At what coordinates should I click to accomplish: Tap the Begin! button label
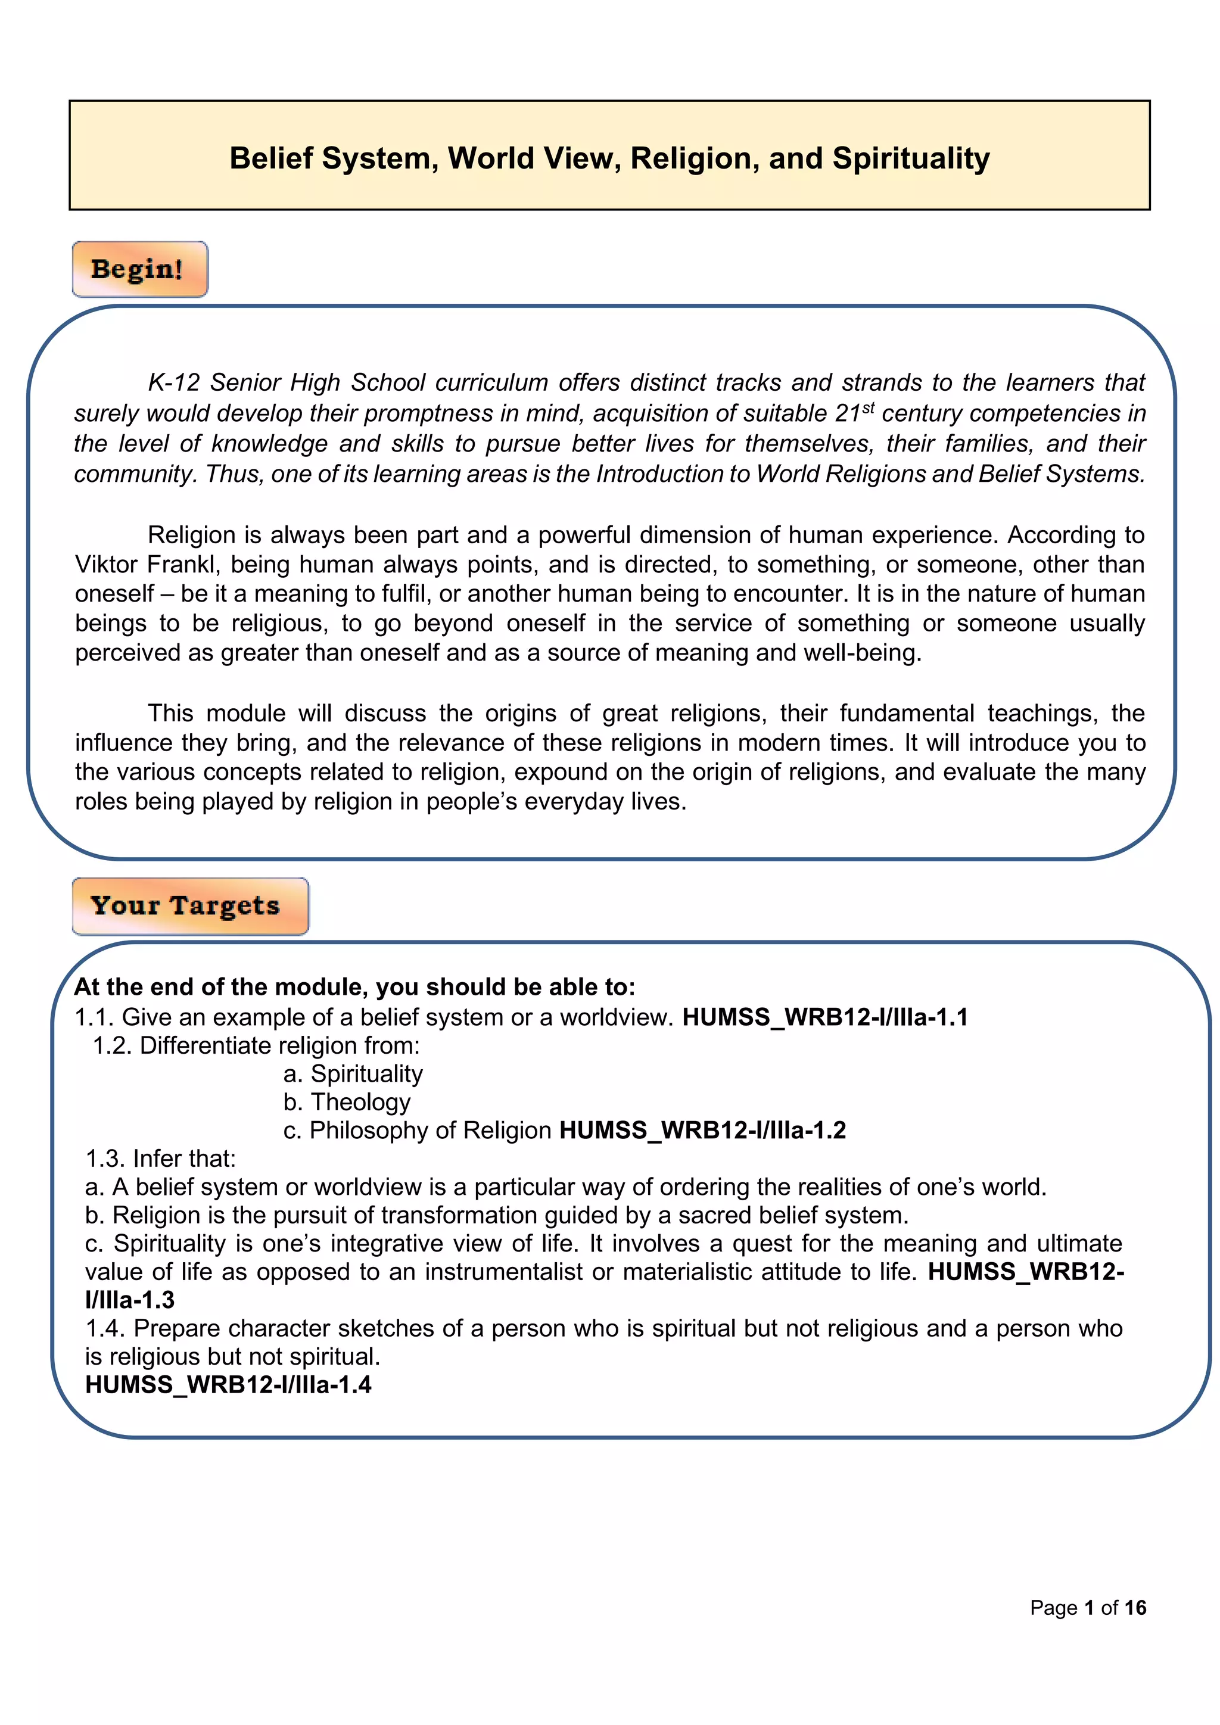138,269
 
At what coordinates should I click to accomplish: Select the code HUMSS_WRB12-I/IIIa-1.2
702,1130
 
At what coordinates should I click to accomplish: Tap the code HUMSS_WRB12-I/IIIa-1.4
228,1385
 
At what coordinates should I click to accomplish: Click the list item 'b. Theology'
347,1101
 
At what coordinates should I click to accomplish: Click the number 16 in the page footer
1135,1608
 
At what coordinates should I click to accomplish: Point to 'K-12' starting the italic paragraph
173,382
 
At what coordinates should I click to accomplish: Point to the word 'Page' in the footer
1053,1608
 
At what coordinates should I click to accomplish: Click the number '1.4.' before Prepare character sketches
105,1328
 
